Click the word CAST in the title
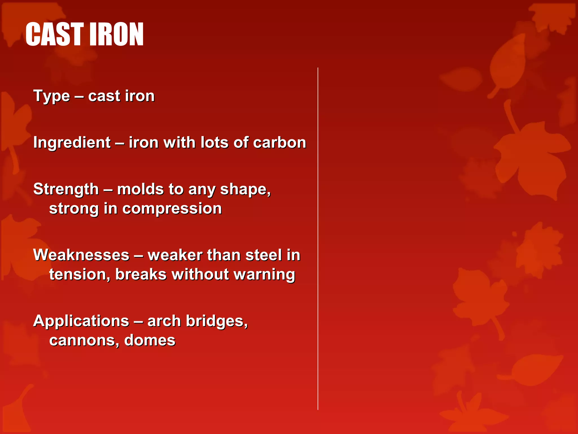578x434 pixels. pos(54,34)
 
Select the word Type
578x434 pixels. pos(52,96)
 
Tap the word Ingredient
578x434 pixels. pos(72,143)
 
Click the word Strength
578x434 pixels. pos(66,189)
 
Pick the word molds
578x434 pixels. pos(140,189)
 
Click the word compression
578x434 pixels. pos(172,209)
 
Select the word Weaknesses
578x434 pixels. pos(81,255)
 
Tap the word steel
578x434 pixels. pos(263,255)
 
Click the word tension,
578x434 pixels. pos(80,275)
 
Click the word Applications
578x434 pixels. pos(81,322)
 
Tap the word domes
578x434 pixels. pos(150,340)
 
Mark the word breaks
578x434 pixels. pos(141,275)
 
